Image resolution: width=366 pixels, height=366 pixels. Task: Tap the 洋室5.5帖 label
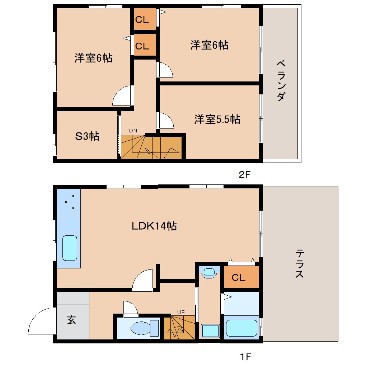217,119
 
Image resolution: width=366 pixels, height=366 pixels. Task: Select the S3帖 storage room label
87,136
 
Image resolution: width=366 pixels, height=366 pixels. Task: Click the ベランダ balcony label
282,81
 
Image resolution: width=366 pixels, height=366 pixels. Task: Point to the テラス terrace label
300,264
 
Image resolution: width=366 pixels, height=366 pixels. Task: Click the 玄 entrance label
72,320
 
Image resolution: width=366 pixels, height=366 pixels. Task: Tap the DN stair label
133,131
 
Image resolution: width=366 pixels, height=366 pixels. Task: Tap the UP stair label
180,312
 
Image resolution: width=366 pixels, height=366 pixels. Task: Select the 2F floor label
244,175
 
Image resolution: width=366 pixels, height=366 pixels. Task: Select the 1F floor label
245,357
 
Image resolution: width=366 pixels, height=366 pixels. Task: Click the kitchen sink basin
70,248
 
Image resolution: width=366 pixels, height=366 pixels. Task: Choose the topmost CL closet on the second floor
142,20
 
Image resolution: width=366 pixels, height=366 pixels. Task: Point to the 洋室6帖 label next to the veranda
209,45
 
